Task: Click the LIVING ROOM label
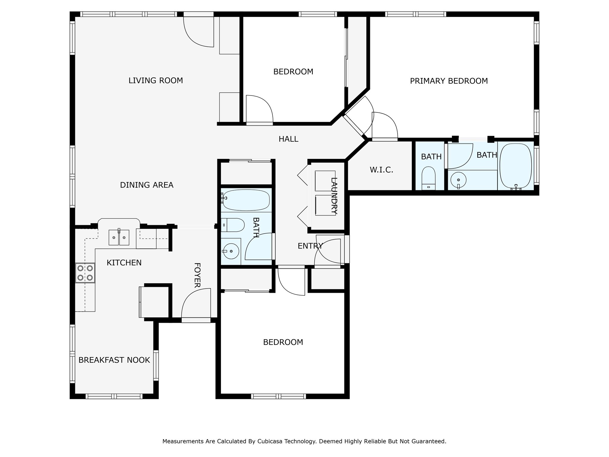[x=156, y=80]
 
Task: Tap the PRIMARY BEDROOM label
[x=449, y=81]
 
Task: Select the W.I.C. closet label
[x=382, y=170]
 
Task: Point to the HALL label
[x=288, y=139]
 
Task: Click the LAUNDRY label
[x=334, y=196]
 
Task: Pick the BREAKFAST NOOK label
[x=114, y=360]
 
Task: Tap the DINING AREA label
[x=147, y=185]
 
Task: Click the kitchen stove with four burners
[x=85, y=273]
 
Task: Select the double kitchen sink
[x=119, y=237]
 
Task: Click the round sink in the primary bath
[x=458, y=180]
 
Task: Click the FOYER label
[x=197, y=275]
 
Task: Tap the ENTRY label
[x=310, y=246]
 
